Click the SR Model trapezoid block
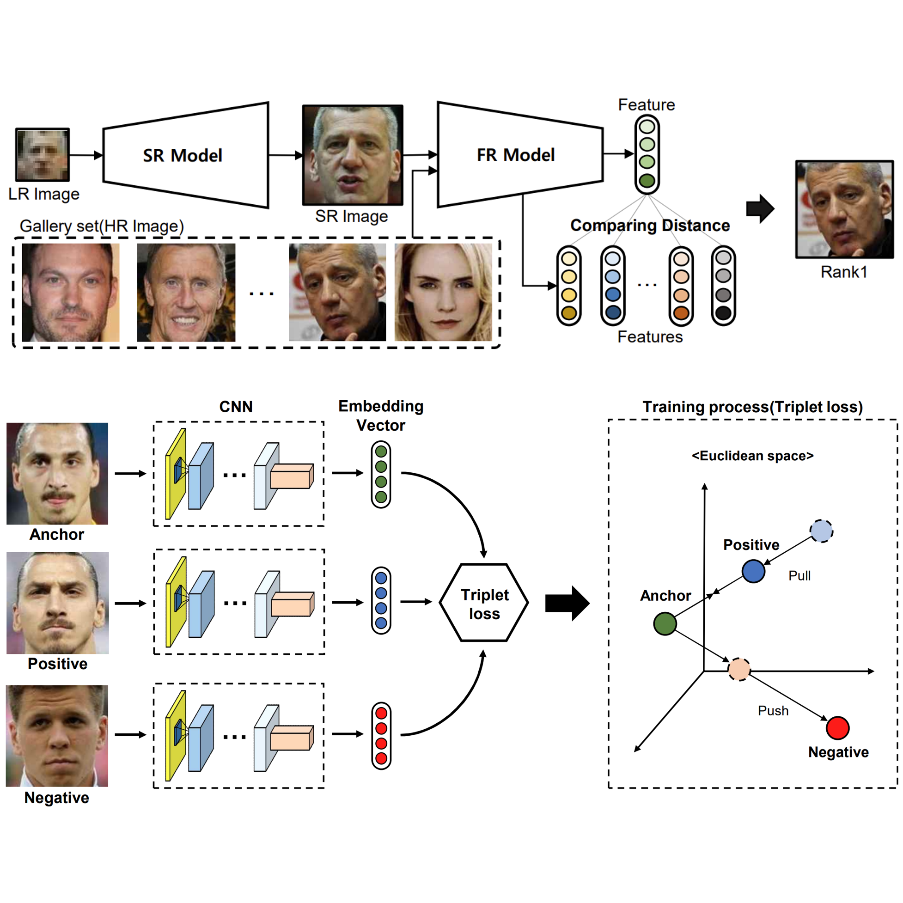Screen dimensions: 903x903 [x=186, y=155]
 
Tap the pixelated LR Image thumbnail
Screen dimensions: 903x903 [x=43, y=155]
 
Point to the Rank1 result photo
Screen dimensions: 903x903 [x=844, y=209]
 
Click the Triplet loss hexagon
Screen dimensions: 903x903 [x=484, y=603]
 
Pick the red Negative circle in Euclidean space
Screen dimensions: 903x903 [x=837, y=728]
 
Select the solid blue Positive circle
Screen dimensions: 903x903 [x=753, y=571]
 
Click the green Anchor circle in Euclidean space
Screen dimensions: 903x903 [x=665, y=623]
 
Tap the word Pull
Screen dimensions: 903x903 [x=799, y=576]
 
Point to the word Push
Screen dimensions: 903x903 [x=773, y=711]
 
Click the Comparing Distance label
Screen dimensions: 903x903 [x=650, y=226]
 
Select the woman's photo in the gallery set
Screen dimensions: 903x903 [x=443, y=292]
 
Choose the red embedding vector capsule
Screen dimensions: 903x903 [x=381, y=736]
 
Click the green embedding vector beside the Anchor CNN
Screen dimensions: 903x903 [x=381, y=474]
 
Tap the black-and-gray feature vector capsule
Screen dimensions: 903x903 [x=723, y=286]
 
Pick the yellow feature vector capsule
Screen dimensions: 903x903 [x=569, y=286]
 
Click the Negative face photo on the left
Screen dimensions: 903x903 [x=57, y=736]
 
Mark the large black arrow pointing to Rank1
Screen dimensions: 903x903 [x=761, y=208]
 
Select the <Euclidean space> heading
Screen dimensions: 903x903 [x=752, y=456]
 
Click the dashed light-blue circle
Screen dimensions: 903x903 [x=821, y=531]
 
